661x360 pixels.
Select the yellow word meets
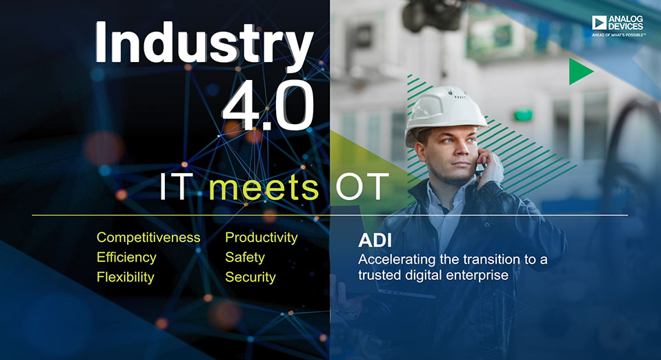point(264,186)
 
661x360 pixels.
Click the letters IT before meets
point(176,186)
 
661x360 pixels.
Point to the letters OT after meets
point(362,186)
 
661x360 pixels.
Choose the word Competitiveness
point(148,237)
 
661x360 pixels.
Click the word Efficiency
point(126,257)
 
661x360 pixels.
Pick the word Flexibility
point(125,277)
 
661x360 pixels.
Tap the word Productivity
point(262,238)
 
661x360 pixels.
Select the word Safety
point(245,257)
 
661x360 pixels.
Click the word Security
point(250,277)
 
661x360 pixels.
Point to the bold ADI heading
point(375,241)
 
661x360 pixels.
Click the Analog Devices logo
point(618,26)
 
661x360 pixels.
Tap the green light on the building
point(523,114)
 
